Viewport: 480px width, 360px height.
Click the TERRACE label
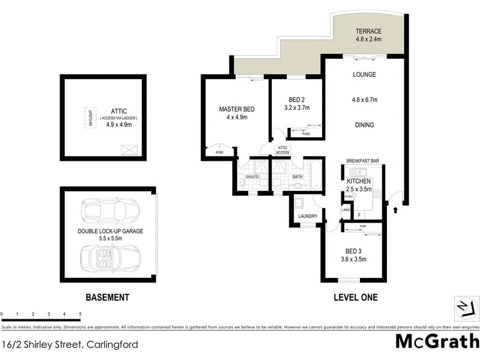(368, 31)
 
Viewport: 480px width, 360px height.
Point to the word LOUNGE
(364, 75)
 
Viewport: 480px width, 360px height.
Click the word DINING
(364, 125)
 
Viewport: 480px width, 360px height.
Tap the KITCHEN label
(359, 181)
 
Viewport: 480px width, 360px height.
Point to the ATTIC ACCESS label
(283, 150)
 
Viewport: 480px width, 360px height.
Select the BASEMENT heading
(107, 297)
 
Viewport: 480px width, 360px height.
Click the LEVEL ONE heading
(356, 297)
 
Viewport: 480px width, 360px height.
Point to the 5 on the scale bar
(80, 314)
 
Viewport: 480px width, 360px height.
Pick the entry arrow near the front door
(395, 210)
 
